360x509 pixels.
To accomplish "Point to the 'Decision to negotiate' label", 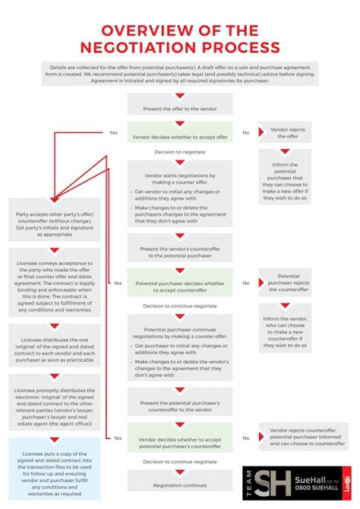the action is tap(180, 152).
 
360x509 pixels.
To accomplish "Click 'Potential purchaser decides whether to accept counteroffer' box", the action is tap(179, 286).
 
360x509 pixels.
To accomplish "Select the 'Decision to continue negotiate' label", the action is tap(180, 306).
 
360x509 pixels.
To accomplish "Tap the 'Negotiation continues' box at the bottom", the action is tap(179, 484).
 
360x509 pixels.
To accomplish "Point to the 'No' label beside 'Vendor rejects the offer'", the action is tap(245, 132).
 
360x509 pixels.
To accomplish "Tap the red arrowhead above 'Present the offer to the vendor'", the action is tap(179, 95).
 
